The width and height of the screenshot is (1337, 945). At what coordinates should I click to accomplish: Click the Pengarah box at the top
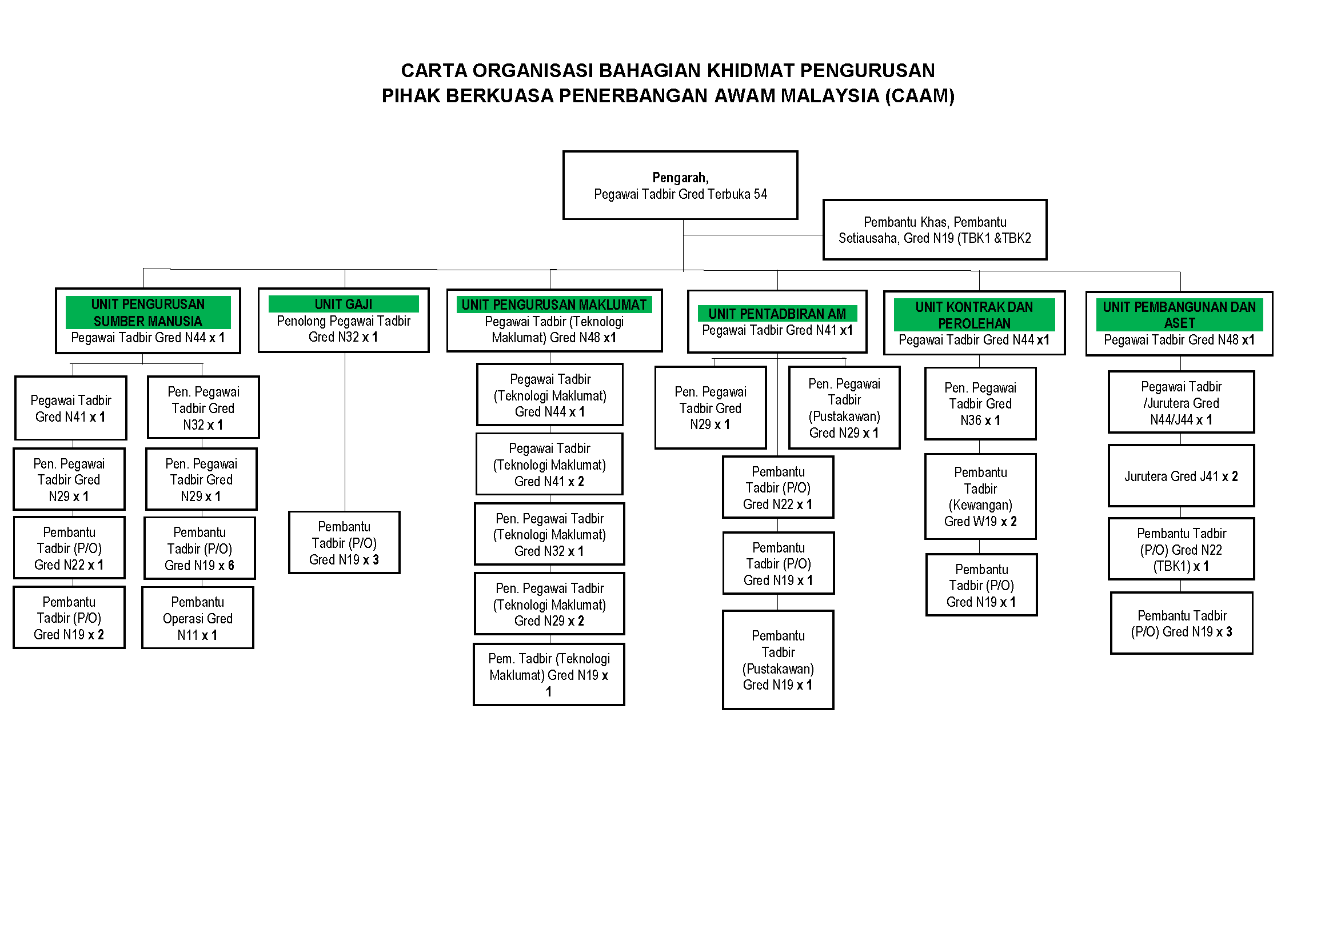pyautogui.click(x=680, y=186)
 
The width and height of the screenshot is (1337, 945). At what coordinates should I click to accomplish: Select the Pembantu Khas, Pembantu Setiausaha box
pyautogui.click(x=934, y=230)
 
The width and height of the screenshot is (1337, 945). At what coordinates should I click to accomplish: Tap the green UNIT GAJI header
pyautogui.click(x=343, y=305)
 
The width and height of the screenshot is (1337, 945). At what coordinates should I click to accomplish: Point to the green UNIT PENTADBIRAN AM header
pyautogui.click(x=777, y=314)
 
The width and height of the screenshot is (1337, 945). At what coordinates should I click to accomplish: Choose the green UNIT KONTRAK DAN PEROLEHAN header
pyautogui.click(x=973, y=315)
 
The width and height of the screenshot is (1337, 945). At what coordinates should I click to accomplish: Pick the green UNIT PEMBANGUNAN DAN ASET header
pyautogui.click(x=1179, y=315)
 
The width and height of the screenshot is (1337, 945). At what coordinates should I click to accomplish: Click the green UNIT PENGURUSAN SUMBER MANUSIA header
pyautogui.click(x=148, y=313)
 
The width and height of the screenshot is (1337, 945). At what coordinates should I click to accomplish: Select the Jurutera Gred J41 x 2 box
pyautogui.click(x=1180, y=476)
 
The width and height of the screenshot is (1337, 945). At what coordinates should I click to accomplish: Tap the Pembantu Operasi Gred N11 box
pyautogui.click(x=197, y=618)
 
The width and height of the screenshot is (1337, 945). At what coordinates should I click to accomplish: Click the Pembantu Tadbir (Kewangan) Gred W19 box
pyautogui.click(x=980, y=496)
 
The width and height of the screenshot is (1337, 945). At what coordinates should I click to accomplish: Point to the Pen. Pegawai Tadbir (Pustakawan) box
pyautogui.click(x=844, y=408)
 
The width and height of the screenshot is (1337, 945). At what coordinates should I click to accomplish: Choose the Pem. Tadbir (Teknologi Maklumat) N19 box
pyautogui.click(x=549, y=674)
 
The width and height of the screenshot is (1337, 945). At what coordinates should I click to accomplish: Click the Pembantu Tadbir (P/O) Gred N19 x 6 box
pyautogui.click(x=199, y=548)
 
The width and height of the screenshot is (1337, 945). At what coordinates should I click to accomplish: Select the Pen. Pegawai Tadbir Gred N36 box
pyautogui.click(x=980, y=403)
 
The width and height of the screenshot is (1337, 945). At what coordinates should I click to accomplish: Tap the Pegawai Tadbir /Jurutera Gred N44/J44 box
pyautogui.click(x=1180, y=403)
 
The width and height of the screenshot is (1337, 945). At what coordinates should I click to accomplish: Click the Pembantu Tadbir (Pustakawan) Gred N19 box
pyautogui.click(x=777, y=660)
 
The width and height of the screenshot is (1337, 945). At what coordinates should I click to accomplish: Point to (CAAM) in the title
pyautogui.click(x=920, y=96)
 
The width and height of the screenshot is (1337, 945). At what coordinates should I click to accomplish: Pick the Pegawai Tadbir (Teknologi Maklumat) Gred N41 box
pyautogui.click(x=549, y=465)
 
